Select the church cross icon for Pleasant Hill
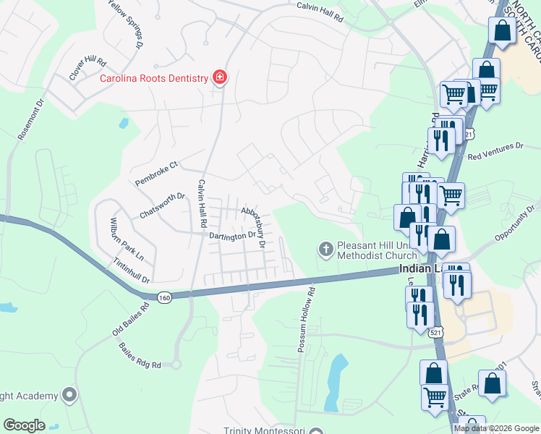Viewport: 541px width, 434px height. pos(325,250)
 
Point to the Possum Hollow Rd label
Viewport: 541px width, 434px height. pos(307,320)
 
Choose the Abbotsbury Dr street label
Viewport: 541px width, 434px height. pos(255,227)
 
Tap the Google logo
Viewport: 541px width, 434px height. pos(24,425)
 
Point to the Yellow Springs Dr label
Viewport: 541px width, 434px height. pos(124,24)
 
